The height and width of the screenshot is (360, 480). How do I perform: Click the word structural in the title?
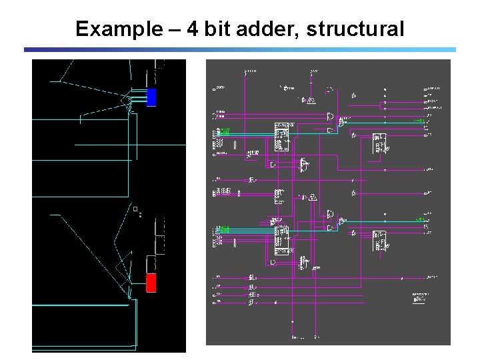(355, 29)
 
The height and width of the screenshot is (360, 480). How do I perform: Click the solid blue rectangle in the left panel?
(151, 97)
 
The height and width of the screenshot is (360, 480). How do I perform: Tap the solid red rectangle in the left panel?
(151, 283)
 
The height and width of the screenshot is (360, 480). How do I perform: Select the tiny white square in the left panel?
(135, 210)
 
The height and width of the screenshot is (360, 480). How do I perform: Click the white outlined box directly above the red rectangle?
(151, 263)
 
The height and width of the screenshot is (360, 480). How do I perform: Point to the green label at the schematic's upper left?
(225, 131)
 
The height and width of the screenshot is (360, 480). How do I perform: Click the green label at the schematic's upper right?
(419, 121)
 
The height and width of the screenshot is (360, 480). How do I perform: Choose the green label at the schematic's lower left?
(225, 229)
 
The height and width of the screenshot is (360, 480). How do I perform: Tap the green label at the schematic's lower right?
(420, 219)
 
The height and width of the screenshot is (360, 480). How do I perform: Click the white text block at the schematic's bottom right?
(420, 297)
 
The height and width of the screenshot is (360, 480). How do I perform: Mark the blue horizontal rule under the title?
(240, 49)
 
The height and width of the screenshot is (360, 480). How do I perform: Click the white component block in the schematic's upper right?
(379, 144)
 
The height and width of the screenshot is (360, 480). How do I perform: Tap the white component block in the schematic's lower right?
(379, 241)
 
